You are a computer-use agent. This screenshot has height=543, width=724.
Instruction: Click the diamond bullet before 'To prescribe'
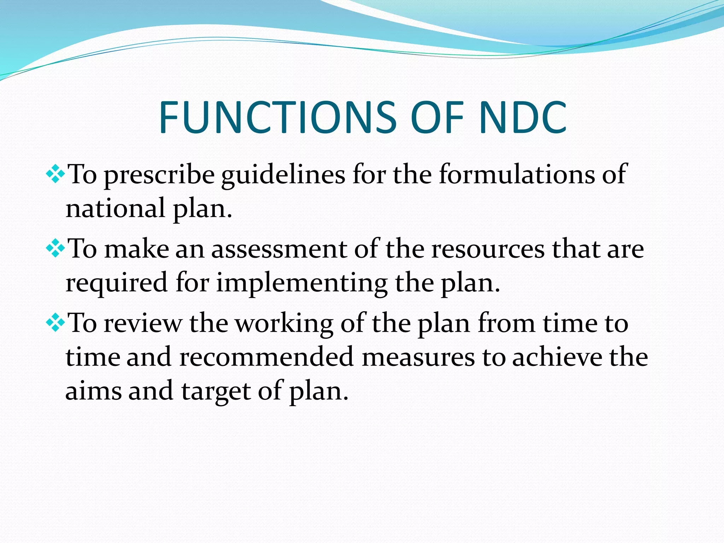(x=56, y=174)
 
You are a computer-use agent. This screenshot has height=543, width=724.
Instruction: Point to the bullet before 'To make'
(x=56, y=249)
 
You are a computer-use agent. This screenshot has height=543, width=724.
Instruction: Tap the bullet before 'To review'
(x=56, y=323)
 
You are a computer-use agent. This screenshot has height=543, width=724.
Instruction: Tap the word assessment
(x=279, y=249)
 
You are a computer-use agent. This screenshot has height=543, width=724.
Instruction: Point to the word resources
(x=488, y=249)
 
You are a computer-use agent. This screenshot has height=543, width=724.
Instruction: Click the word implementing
(x=302, y=283)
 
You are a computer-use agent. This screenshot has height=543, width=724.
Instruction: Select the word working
(x=284, y=323)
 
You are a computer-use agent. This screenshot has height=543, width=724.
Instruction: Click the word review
(x=143, y=323)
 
